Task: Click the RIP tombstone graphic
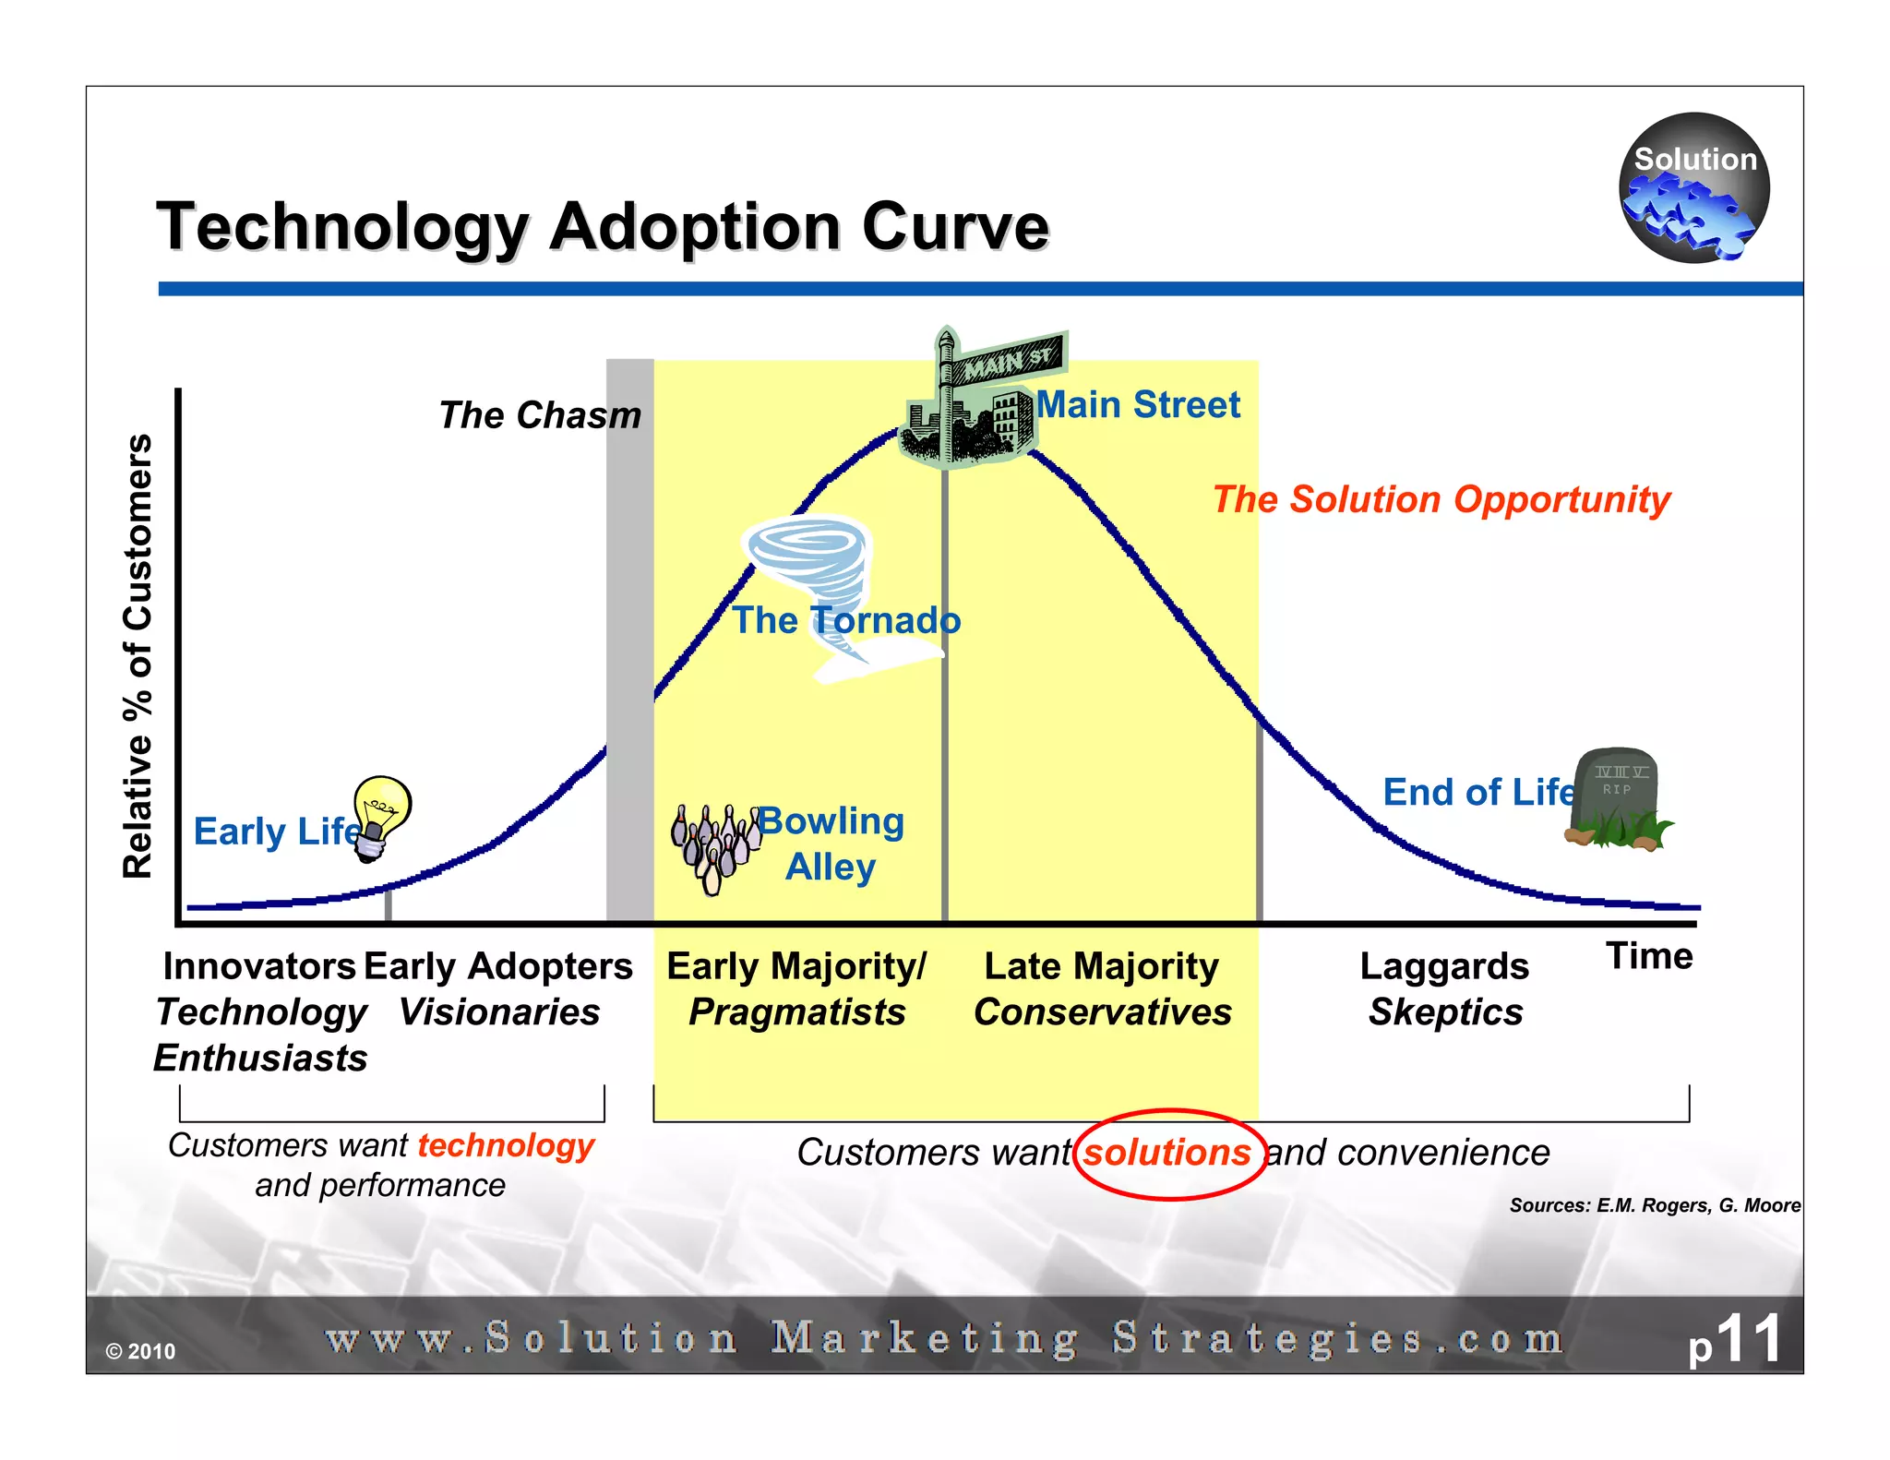tap(1618, 798)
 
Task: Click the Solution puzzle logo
tap(1693, 189)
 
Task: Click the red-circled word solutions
tap(1167, 1153)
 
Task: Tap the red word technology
tap(506, 1145)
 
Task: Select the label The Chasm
tap(540, 415)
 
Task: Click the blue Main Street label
tap(1138, 405)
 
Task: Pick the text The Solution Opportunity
tap(1441, 499)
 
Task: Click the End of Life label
tap(1477, 792)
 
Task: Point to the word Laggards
tap(1444, 966)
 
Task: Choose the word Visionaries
tap(499, 1012)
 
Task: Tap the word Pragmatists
tap(797, 1012)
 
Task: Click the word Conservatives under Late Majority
tap(1103, 1012)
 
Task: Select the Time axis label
tap(1649, 956)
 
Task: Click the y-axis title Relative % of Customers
tap(138, 655)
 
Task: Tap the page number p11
tap(1735, 1340)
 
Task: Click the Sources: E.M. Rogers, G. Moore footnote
tap(1654, 1205)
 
